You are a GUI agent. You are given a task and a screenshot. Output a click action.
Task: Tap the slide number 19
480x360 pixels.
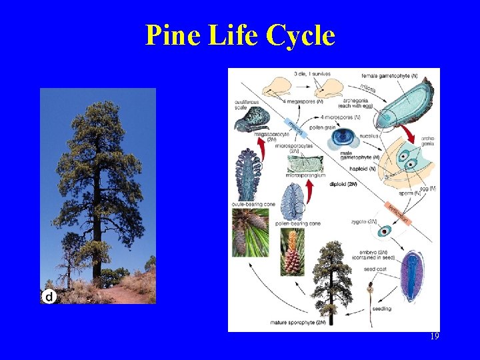coord(434,337)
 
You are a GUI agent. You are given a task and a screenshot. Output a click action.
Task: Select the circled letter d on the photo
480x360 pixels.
coord(48,296)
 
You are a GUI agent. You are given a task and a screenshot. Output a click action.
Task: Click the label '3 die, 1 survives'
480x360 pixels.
coord(315,73)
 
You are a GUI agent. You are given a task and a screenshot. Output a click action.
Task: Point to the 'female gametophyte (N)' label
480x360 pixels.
coord(389,75)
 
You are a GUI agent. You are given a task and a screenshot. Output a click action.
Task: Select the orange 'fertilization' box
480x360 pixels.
coord(399,212)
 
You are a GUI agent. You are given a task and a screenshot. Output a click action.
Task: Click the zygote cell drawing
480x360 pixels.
coord(384,231)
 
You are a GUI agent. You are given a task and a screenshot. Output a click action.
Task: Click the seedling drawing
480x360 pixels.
coord(369,293)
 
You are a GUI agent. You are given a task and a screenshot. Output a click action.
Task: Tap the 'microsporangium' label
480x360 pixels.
coord(305,175)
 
